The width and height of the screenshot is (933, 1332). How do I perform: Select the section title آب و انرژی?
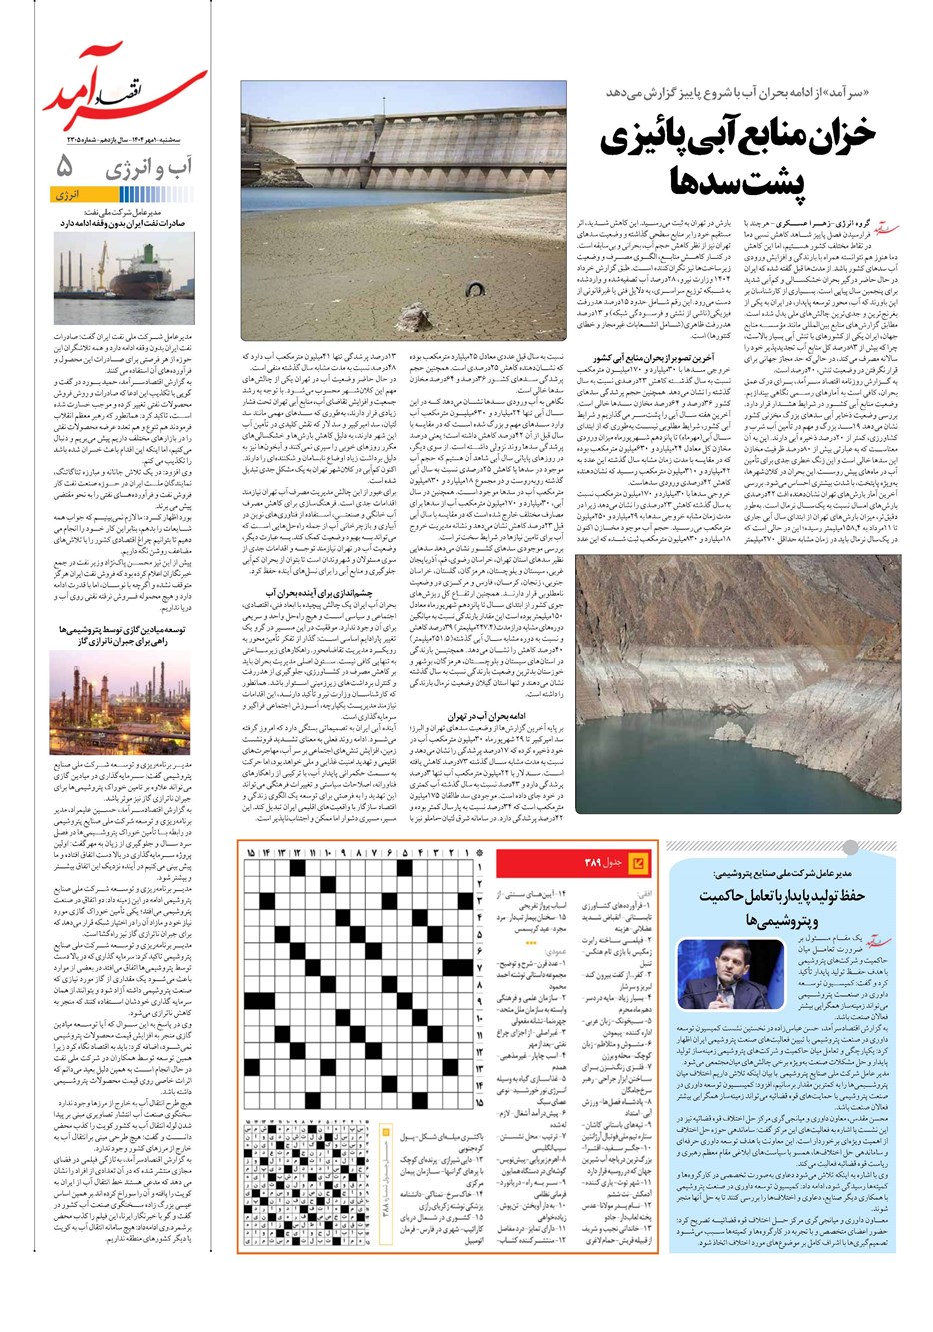point(151,168)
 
